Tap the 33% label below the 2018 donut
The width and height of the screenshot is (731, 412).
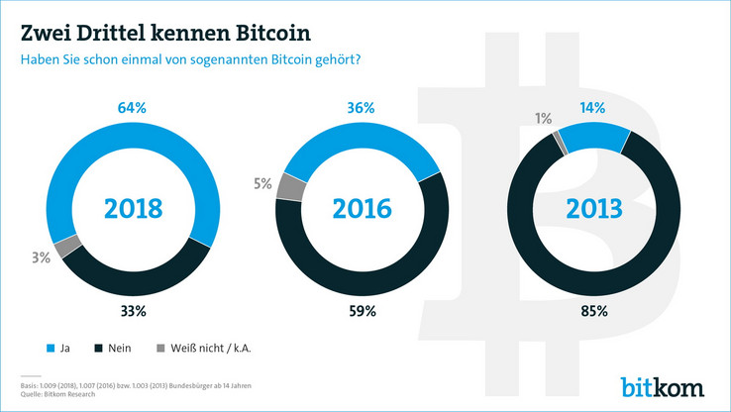(134, 311)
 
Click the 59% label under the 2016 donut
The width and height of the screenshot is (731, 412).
(363, 311)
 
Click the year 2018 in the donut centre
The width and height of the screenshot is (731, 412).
(134, 209)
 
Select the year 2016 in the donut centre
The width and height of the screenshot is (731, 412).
(364, 209)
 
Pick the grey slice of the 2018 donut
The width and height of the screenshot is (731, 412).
(67, 247)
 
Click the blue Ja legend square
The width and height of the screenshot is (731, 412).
(51, 350)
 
